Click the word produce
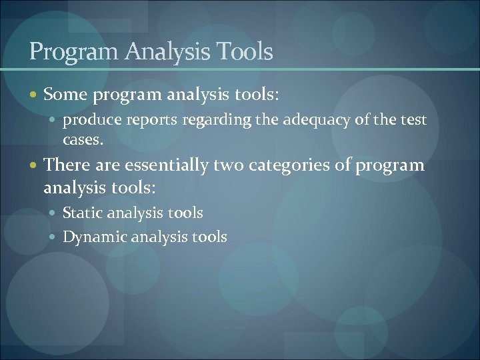coord(88,120)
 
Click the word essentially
coord(167,165)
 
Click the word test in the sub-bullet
coord(413,120)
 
